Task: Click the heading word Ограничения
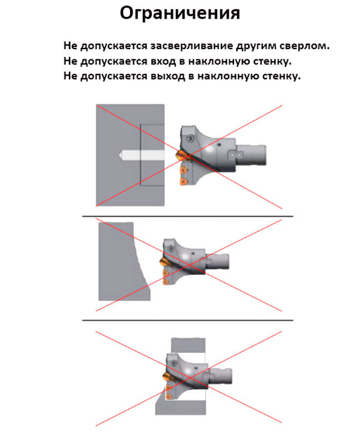coord(180,13)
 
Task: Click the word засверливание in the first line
coord(193,46)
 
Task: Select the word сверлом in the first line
coord(304,46)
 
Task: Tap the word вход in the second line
coord(163,61)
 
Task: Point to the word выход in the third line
coord(168,76)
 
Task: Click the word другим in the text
coord(257,46)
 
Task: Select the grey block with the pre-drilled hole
coord(130,155)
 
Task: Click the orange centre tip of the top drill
coord(180,155)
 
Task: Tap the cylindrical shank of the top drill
coord(251,155)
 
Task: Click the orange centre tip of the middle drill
coord(163,262)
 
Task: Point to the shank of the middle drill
coord(217,262)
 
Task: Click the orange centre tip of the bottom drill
coord(166,377)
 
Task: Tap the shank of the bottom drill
coord(220,377)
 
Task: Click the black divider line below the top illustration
coord(187,216)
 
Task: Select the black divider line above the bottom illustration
coord(187,320)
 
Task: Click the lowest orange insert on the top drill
coord(182,181)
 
